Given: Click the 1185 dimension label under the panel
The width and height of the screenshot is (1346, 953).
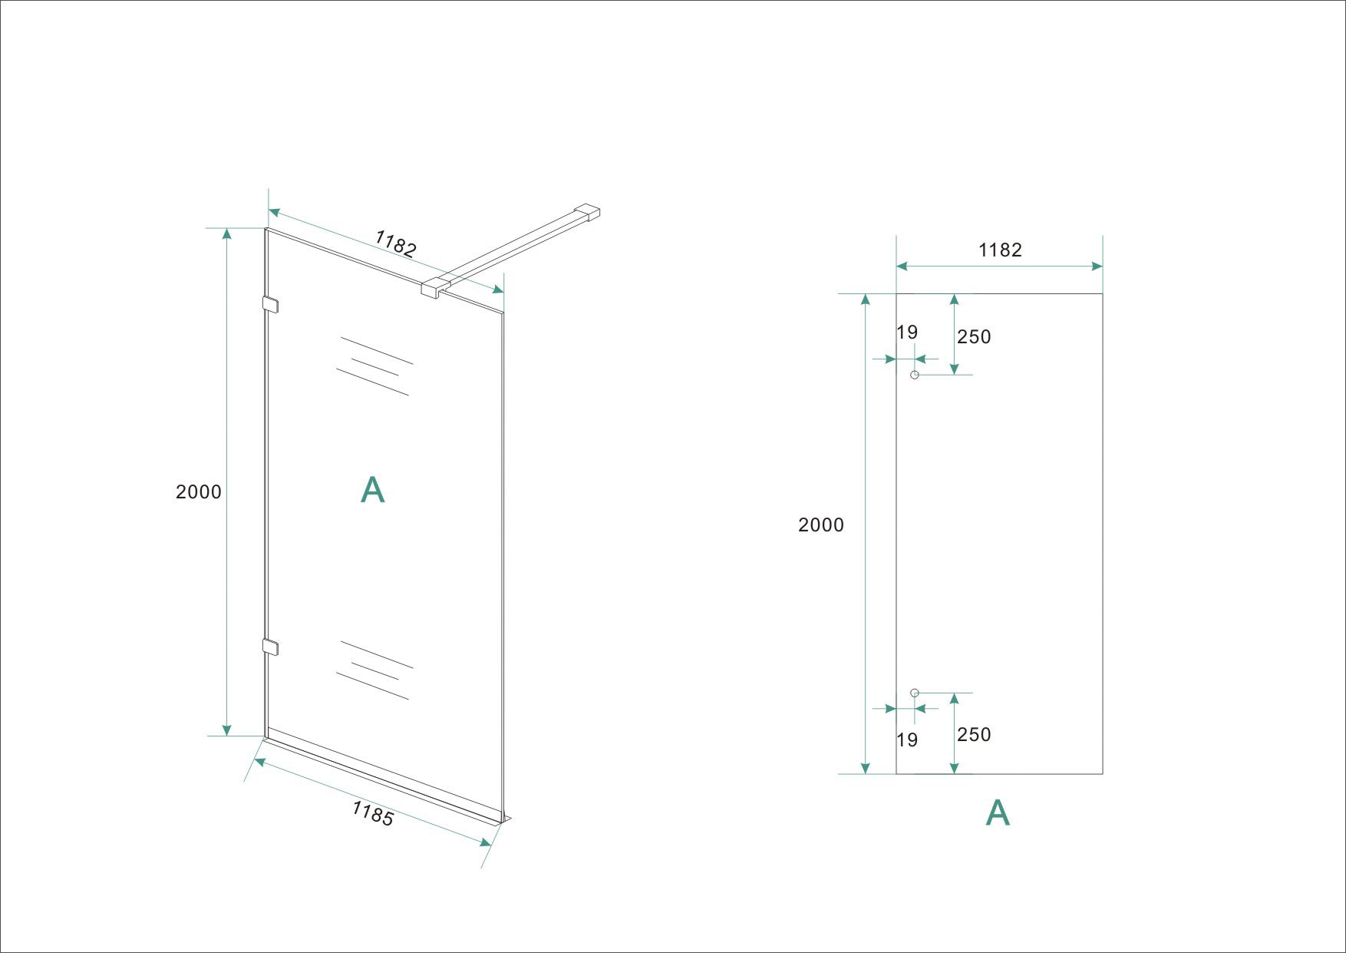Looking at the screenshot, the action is click(373, 814).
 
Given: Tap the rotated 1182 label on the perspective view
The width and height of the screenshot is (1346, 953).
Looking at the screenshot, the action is click(396, 243).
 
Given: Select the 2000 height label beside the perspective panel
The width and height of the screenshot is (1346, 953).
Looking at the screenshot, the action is click(199, 492).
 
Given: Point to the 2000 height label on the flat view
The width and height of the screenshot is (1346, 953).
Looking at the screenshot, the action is click(821, 525).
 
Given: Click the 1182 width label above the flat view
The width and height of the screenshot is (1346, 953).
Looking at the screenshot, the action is click(1000, 250).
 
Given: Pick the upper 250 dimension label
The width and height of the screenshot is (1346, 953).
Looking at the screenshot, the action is click(974, 337).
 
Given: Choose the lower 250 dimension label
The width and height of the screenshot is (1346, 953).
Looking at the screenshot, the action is click(974, 735).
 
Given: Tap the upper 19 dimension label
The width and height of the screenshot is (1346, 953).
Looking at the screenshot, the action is click(907, 333).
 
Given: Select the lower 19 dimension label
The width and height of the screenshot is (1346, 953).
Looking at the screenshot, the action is click(907, 740).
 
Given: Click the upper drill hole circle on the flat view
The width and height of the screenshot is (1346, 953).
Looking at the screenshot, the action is click(914, 375).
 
